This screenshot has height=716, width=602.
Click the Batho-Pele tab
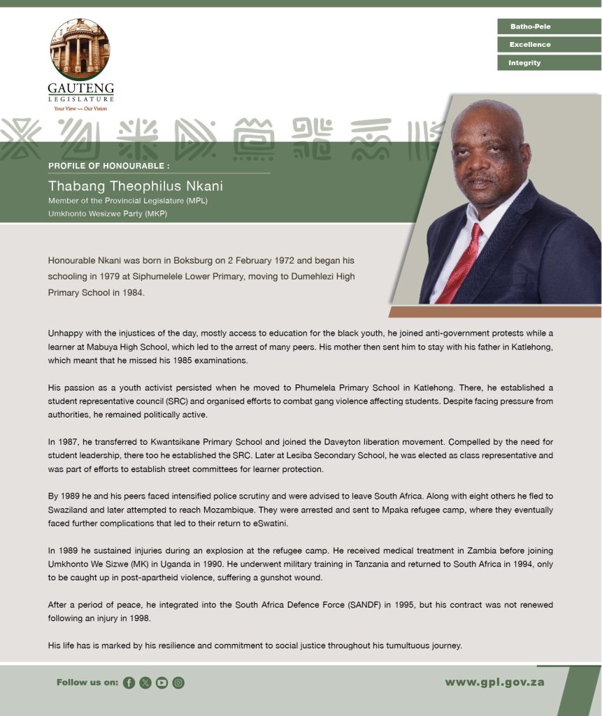548,27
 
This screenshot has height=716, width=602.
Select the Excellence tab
548,45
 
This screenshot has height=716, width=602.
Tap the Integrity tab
548,63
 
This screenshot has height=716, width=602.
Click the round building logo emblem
80,49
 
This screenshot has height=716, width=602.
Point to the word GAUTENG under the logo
80,89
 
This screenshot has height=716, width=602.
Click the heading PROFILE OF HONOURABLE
109,166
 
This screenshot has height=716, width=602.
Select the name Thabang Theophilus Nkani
135,186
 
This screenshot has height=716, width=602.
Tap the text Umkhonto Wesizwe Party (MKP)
107,213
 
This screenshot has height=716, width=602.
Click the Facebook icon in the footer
129,683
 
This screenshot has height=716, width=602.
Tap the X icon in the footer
145,683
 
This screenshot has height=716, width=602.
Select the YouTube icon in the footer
162,683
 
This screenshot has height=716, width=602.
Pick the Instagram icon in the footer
178,683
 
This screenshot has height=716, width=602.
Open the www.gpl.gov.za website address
494,682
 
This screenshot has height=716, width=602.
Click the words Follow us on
87,683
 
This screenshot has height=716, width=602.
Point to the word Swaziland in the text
71,510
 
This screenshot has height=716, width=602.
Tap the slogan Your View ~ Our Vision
80,108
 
